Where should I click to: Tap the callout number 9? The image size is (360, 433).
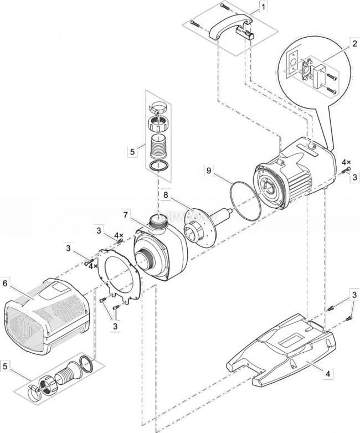point(208,172)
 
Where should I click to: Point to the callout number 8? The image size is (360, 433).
point(165,195)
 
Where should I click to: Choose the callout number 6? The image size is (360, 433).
point(6,283)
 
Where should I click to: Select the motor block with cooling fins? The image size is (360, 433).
point(294,172)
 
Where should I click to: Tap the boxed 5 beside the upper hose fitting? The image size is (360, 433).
point(132,150)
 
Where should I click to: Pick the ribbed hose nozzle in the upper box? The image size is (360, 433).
point(158,147)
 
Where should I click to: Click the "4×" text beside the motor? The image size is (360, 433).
point(346,162)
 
